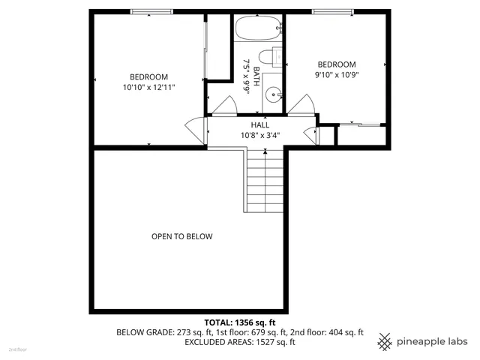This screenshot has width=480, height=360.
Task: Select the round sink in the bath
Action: [x=274, y=94]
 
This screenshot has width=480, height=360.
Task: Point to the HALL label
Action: [x=259, y=125]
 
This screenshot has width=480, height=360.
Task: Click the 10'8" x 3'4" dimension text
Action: [x=259, y=136]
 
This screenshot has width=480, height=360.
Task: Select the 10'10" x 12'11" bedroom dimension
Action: [x=148, y=88]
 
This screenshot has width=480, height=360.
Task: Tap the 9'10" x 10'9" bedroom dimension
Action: [x=336, y=75]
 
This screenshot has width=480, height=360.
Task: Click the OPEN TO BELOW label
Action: [x=181, y=237]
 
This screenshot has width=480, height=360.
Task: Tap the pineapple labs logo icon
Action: [x=385, y=340]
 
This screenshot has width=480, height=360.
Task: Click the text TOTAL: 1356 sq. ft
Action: [x=240, y=322]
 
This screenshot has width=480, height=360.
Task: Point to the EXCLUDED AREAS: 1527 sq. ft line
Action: [x=240, y=342]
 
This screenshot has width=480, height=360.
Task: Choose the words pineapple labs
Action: [x=433, y=340]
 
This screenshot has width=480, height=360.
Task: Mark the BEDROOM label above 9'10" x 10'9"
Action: [x=336, y=64]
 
